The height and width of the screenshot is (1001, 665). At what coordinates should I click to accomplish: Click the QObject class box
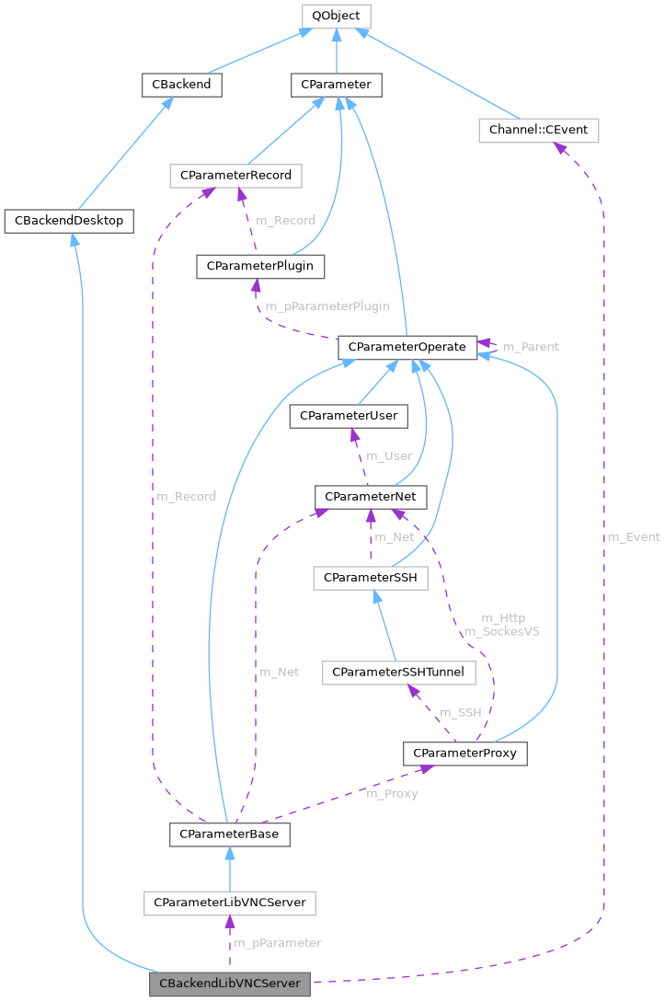[x=336, y=16]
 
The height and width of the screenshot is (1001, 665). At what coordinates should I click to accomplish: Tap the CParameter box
[x=337, y=85]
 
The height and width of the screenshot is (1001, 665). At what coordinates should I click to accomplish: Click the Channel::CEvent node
[x=538, y=131]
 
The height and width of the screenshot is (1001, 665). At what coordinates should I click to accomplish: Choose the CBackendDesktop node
[x=70, y=221]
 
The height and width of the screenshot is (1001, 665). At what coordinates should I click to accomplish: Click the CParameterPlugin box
[x=260, y=266]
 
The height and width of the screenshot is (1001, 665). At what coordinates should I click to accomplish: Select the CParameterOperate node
[x=407, y=348]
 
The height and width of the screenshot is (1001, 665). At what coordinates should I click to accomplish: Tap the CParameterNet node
[x=370, y=497]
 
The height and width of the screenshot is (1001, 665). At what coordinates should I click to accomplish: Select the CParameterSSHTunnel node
[x=398, y=673]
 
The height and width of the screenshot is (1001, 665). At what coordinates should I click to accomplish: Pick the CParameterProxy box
[x=464, y=754]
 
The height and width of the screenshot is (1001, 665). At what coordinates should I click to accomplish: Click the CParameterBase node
[x=229, y=834]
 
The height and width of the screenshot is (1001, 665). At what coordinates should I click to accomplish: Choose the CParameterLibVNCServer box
[x=230, y=903]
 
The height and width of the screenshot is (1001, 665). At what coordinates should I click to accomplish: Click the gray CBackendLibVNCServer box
[x=230, y=984]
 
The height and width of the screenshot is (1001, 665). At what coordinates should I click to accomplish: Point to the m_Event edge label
[x=633, y=536]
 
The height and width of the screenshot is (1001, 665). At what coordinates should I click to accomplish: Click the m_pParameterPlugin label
[x=327, y=306]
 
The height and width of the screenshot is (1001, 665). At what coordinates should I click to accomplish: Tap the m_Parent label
[x=530, y=347]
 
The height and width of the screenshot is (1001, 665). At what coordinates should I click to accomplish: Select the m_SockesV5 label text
[x=501, y=631]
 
